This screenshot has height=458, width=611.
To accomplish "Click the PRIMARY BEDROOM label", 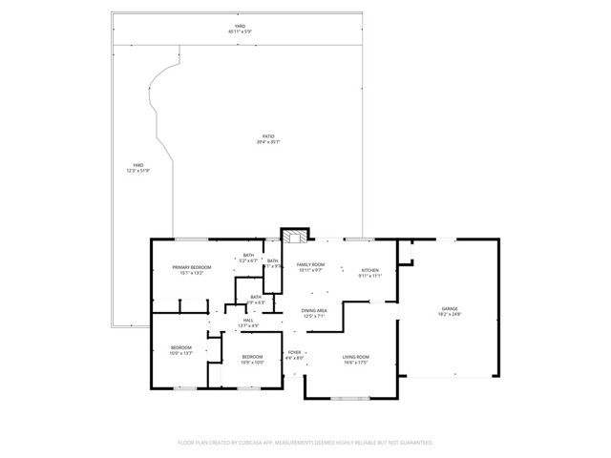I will tap(191, 267).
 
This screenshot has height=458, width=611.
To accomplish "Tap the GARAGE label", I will tap(449, 308).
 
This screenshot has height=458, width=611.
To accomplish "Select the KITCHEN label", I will tap(370, 269).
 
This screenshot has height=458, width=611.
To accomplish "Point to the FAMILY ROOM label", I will tap(310, 264).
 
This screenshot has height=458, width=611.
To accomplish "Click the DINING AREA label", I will tap(315, 310).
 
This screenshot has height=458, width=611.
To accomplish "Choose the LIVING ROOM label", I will tap(356, 357).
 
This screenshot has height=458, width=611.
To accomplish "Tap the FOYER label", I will tap(295, 352).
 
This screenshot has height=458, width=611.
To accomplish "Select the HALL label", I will tap(248, 320).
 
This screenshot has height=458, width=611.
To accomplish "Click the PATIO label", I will tap(268, 136).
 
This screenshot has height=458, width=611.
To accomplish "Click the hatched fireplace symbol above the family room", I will tap(293, 238).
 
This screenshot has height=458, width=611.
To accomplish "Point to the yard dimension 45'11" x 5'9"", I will tap(240, 31).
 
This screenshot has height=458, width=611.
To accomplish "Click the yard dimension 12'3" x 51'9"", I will tap(138, 171).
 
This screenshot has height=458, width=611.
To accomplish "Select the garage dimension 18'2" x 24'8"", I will tap(449, 314).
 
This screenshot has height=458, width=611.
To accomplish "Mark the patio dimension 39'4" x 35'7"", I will tap(268, 142).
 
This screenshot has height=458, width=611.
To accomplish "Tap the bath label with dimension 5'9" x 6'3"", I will tap(255, 302).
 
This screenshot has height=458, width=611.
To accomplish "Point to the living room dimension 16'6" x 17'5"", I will tap(356, 363).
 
